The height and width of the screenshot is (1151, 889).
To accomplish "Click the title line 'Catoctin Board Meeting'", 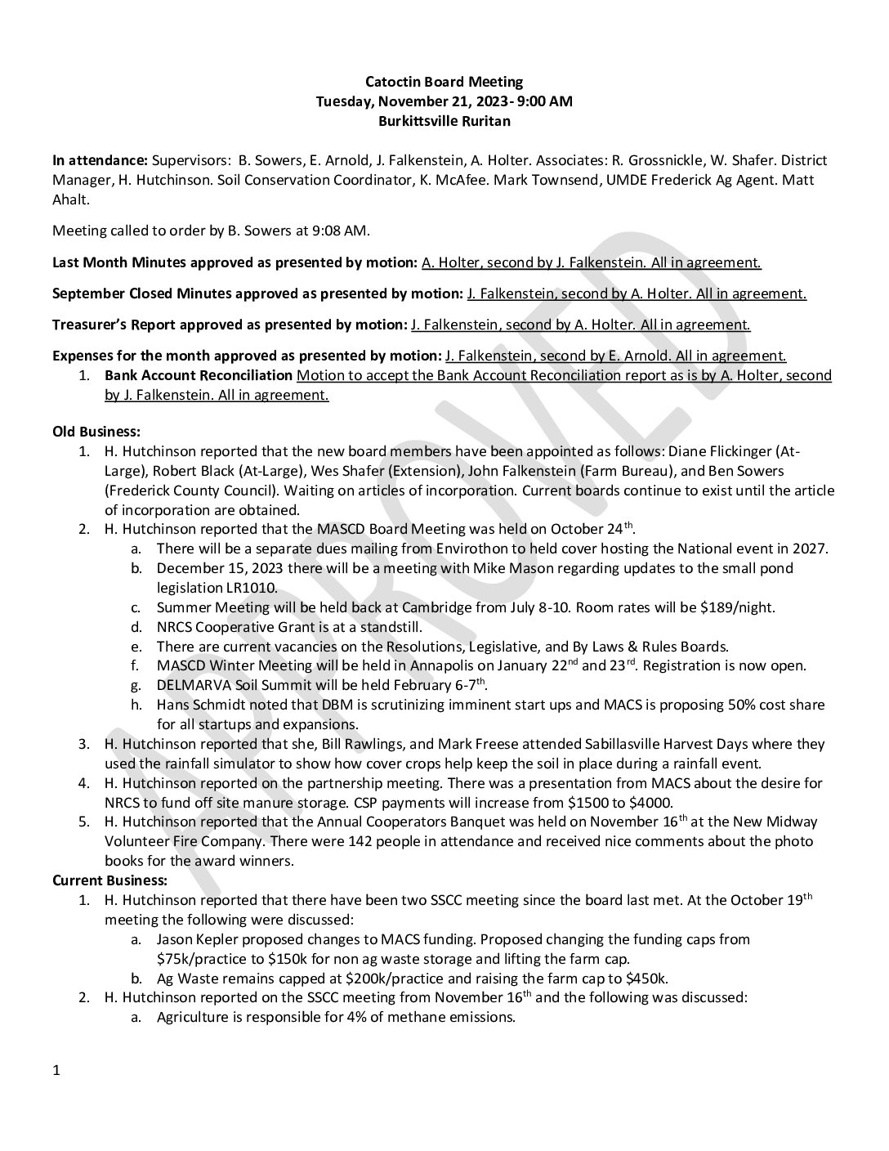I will tap(444, 82).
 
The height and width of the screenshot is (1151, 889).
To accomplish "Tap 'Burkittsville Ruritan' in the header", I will tap(444, 121).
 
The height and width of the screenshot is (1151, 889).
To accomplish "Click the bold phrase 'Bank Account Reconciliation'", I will tap(199, 375).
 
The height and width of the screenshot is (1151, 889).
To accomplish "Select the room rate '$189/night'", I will tap(742, 607).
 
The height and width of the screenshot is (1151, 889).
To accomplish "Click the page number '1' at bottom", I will tap(56, 1070).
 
